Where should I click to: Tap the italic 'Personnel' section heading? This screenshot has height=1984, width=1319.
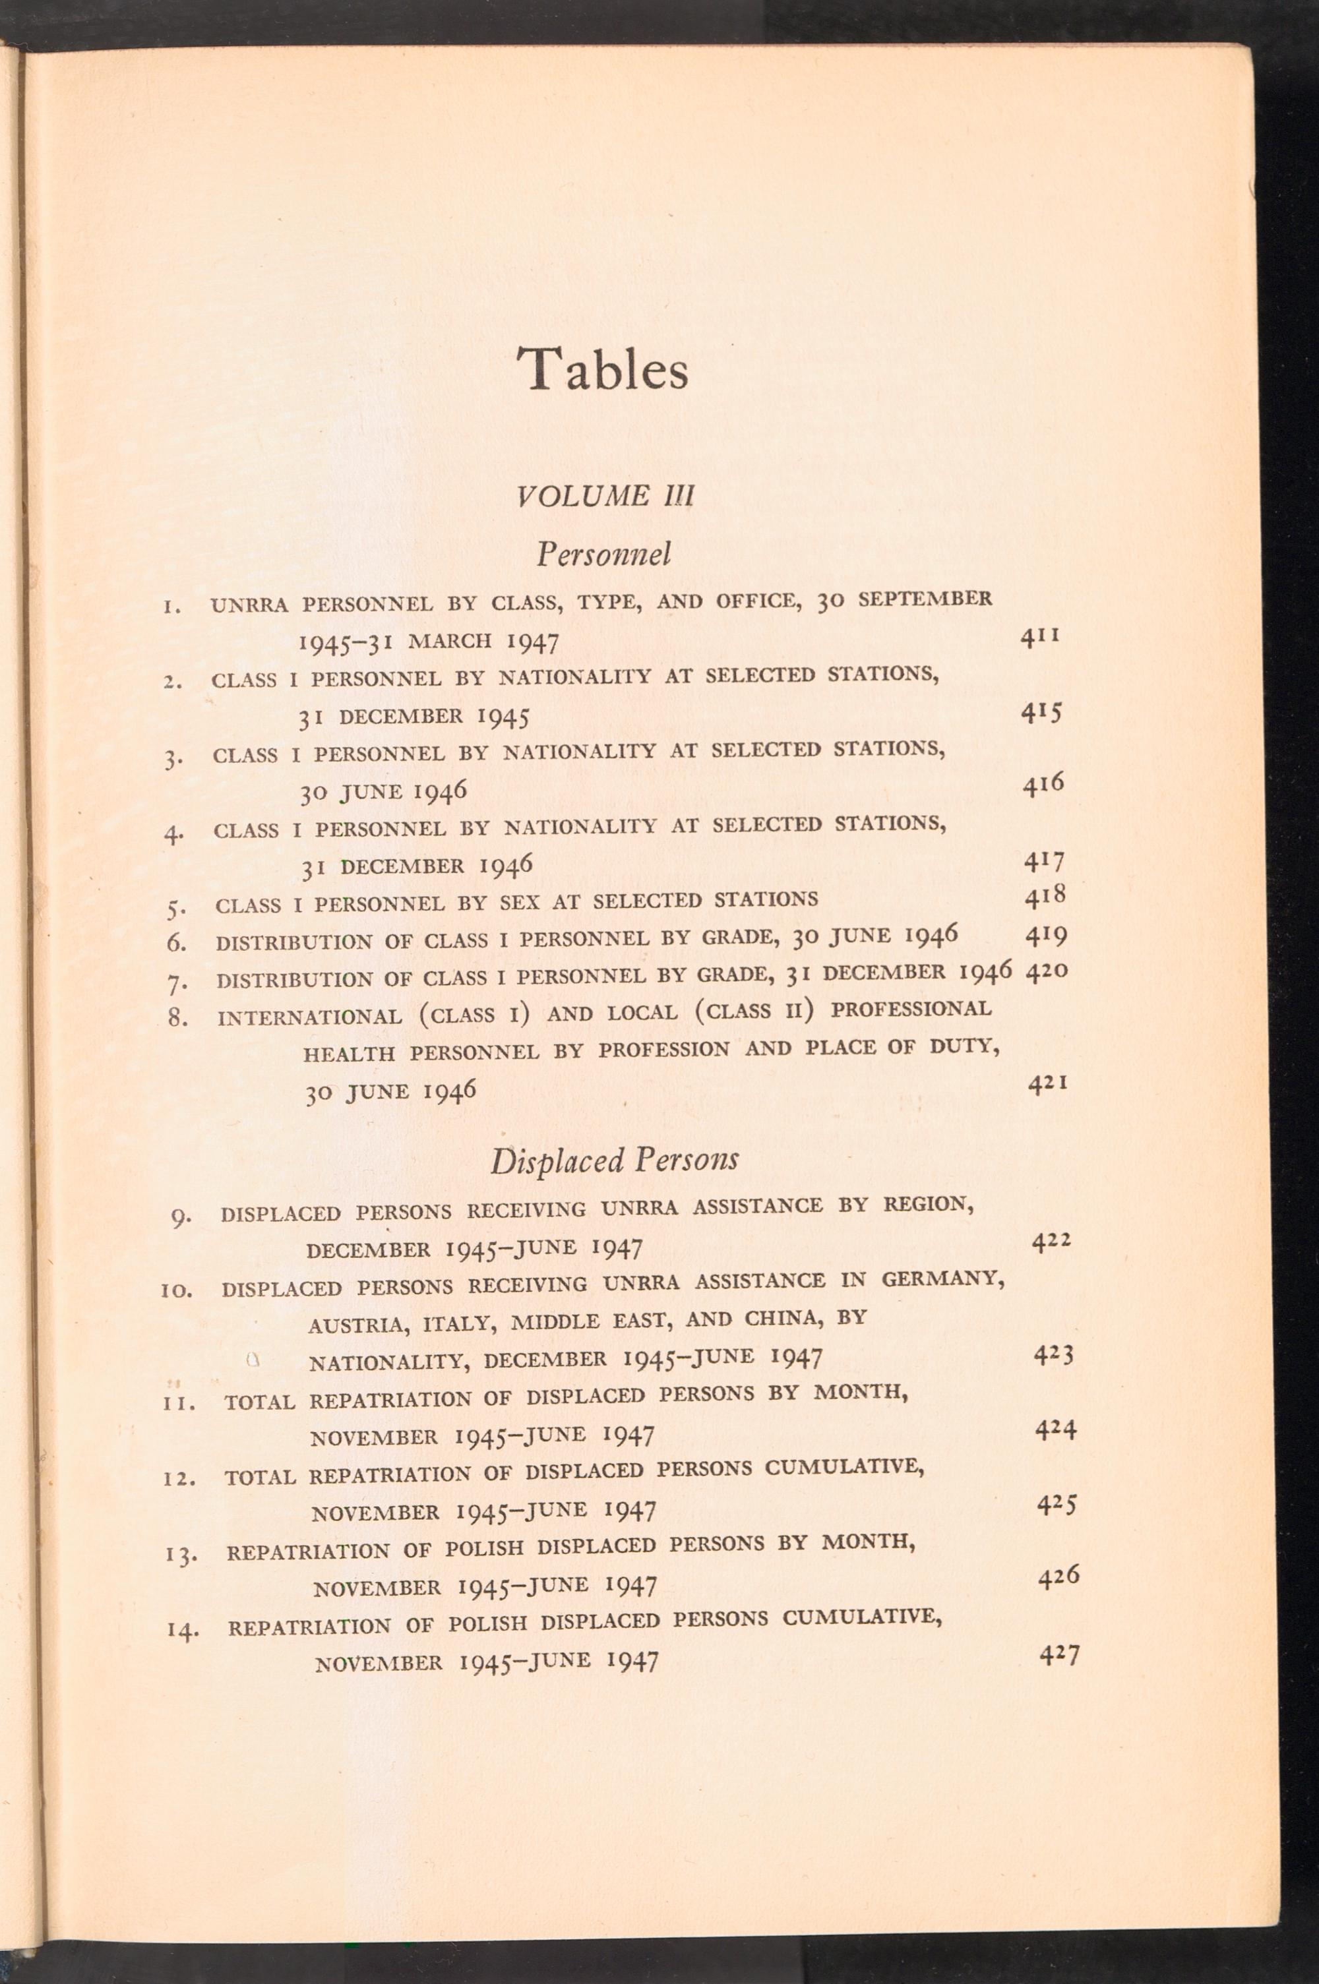604,555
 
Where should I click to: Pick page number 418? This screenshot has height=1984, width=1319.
1045,897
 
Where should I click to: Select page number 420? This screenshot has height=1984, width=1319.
1047,971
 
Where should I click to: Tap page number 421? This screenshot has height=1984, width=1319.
1048,1084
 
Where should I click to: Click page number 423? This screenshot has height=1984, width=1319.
1053,1355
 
